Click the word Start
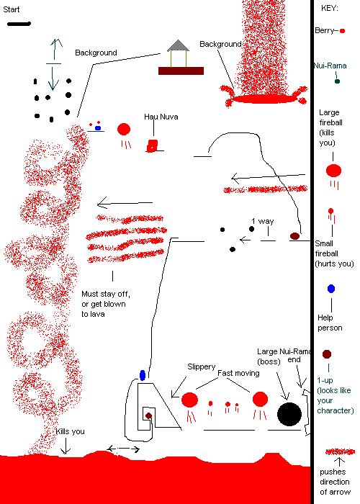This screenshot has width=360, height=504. coord(12,9)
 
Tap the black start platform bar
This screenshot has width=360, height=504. coord(19,24)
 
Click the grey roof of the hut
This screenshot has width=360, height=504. coord(178,45)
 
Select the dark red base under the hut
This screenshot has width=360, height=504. coord(181,71)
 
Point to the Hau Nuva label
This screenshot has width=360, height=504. coord(161,117)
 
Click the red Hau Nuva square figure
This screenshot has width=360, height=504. coord(152,145)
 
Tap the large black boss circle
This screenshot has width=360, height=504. coord(289,414)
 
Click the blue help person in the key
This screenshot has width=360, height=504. coord(331,289)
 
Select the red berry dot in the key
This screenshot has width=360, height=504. coord(342,31)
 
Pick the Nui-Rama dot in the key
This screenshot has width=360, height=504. coord(337,81)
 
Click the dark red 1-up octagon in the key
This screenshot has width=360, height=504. coord(327,354)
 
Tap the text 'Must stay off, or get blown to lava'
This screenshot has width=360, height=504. coord(106,304)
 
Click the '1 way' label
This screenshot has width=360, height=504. coord(262,221)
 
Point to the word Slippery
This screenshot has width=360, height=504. coord(201,366)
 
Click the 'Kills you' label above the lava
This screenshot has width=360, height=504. coord(70,431)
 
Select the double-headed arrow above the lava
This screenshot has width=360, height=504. coord(123,449)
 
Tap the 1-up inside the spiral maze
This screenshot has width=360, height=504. coord(148,415)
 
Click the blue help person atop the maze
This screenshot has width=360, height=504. coord(143,375)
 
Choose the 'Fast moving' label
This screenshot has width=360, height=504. coord(238,373)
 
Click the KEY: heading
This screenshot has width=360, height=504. coord(330,9)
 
